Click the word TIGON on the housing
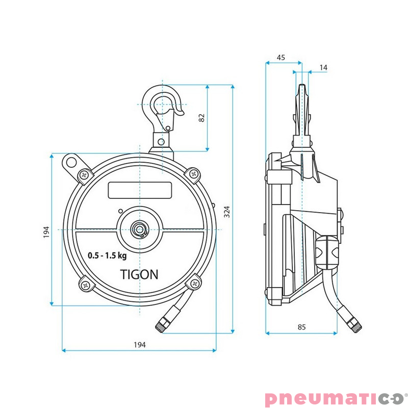pos(139,274)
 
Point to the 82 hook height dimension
pos(201,117)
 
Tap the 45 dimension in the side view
pos(280,58)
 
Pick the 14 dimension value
pos(323,67)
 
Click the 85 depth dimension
pos(301,327)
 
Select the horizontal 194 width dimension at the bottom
pos(139,345)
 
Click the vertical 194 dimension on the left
pos(46,232)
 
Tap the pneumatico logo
pos(337,398)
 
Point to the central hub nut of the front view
pos(139,229)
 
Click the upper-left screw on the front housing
pos(84,175)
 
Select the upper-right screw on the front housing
pos(194,174)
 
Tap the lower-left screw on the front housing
pos(84,285)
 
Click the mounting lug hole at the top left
pos(70,163)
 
